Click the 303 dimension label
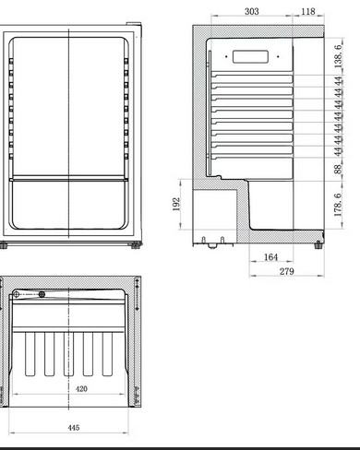[252, 11]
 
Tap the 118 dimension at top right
[308, 11]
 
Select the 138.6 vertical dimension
[338, 56]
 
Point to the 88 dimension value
[338, 169]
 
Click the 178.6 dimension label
[338, 205]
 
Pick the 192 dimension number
[176, 204]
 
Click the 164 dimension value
[270, 257]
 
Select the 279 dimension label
[287, 271]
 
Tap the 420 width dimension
[81, 389]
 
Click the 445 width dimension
[74, 428]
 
